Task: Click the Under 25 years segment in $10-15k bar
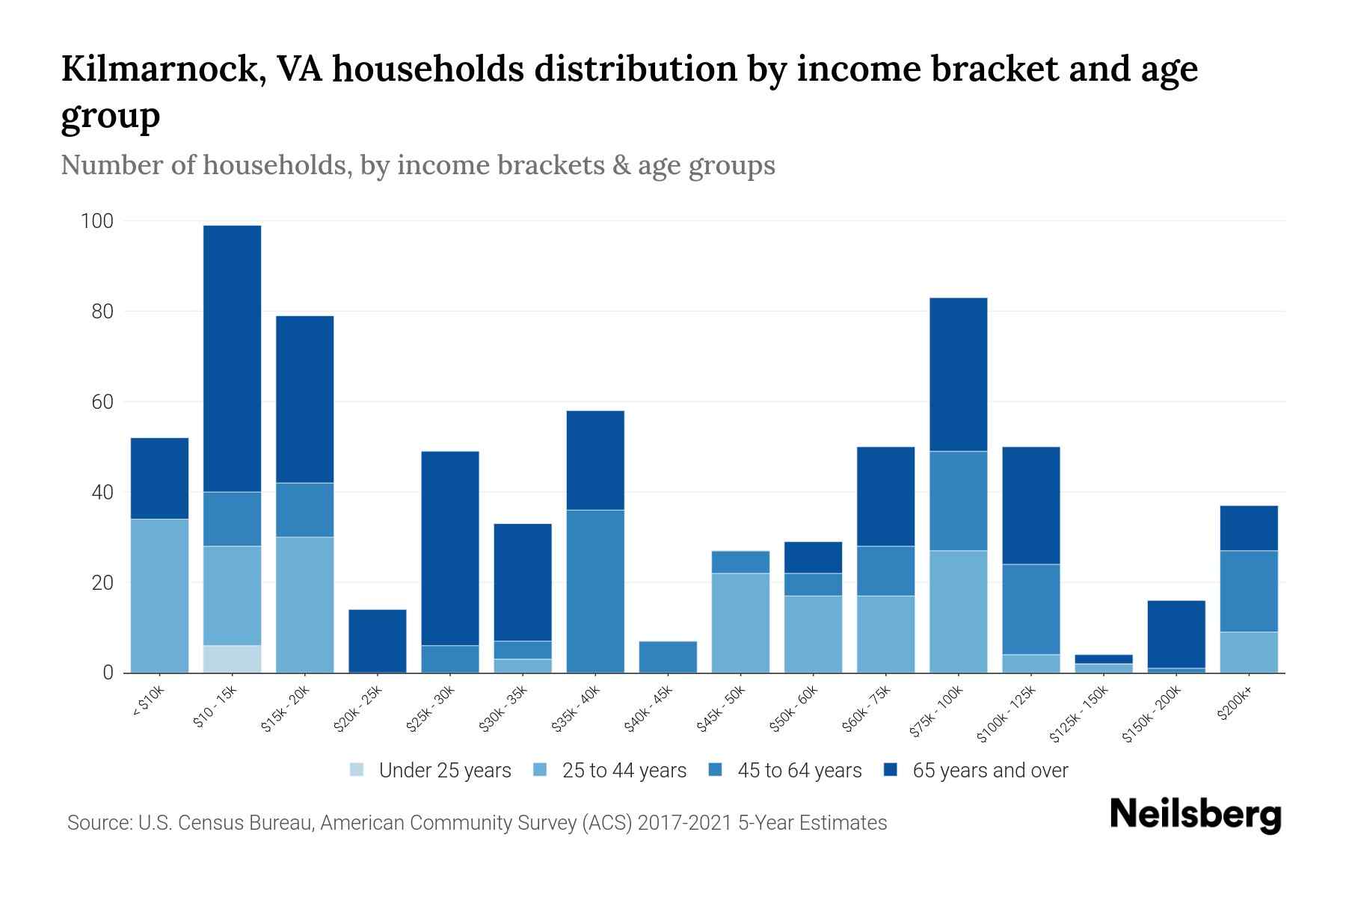pos(232,659)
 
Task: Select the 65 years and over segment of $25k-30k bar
pos(450,548)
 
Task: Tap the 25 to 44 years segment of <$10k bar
pos(159,595)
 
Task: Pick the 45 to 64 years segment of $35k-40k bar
pos(595,591)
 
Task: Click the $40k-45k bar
pos(668,656)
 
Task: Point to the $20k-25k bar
pos(378,641)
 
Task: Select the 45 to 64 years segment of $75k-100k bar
pos(958,501)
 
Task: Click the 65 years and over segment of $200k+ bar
pos(1249,528)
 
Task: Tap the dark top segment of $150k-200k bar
pos(1176,634)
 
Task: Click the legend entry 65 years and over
pos(976,770)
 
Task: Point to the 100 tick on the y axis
pos(97,221)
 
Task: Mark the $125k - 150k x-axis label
pos(1079,715)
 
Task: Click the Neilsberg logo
pos(1195,815)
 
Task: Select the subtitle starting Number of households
pos(417,165)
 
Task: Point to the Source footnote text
pos(476,823)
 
